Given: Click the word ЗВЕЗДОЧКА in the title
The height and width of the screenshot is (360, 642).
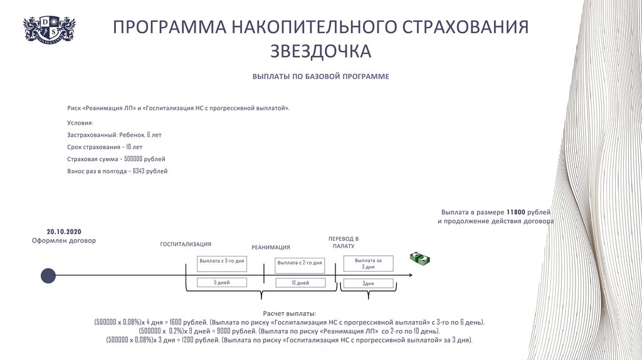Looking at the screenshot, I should tap(321, 51).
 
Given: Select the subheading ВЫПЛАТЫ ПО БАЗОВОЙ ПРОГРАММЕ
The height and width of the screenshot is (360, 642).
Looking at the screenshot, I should tap(321, 77).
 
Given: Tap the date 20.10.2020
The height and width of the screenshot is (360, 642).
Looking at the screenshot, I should tap(64, 230).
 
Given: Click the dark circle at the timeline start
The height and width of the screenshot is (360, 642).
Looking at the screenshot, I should tap(48, 275).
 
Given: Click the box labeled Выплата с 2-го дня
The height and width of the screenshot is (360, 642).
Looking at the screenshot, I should tap(300, 263).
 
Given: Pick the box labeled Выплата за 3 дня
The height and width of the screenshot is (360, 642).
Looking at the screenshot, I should tap(369, 263).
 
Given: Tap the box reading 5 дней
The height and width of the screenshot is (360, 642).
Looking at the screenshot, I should tap(222, 283).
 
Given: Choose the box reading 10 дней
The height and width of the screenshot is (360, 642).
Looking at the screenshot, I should tap(300, 283).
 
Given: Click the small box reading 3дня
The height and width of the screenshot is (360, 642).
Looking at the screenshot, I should tap(369, 283).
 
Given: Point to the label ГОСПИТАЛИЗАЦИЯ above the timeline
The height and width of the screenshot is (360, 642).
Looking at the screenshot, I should tap(186, 244).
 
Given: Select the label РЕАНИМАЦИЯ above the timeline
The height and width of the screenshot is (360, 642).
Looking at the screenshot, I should tap(271, 247).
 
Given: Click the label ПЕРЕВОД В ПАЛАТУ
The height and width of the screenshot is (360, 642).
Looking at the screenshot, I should tap(344, 243).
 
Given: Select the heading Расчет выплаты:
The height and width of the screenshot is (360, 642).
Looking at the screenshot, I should tap(290, 313).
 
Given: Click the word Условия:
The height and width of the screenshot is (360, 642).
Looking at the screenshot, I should tap(80, 123).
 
